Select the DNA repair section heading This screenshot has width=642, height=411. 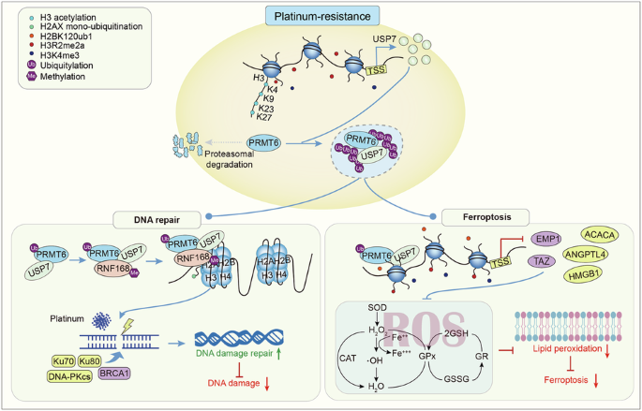click(142, 219)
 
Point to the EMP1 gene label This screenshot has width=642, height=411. click(549, 240)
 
